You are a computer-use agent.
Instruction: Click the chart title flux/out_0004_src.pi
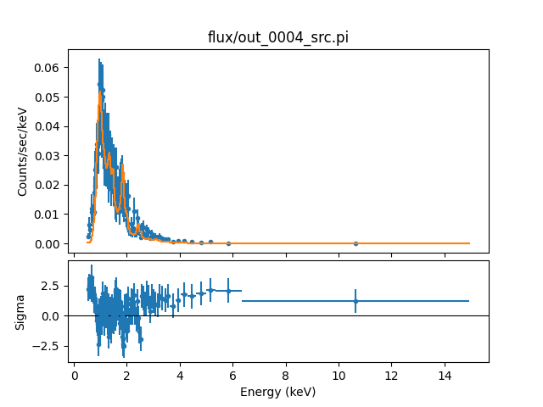tap(277, 37)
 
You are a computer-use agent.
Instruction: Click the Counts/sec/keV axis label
tap(23, 151)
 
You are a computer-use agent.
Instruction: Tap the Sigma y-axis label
tap(23, 315)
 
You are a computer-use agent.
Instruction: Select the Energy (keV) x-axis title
tap(277, 391)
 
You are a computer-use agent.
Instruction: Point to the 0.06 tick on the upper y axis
tap(48, 68)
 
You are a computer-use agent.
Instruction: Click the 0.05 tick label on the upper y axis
tap(48, 98)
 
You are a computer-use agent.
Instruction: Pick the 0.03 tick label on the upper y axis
tap(48, 156)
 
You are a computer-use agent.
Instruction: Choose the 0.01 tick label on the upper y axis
tap(48, 215)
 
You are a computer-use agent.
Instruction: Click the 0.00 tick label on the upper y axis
tap(48, 244)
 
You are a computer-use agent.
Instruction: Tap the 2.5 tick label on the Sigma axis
tap(50, 286)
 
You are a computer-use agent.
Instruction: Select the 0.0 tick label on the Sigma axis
tap(50, 316)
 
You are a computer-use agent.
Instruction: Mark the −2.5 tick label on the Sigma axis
tap(47, 346)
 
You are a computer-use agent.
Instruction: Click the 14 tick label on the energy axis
tap(445, 374)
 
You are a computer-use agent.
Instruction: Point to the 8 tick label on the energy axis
tap(286, 374)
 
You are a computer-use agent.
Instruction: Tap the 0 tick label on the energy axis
tap(75, 374)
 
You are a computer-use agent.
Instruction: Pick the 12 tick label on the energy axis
tap(392, 374)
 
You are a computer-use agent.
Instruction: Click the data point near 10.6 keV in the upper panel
tap(355, 243)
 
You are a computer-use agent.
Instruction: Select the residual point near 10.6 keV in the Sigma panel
tap(355, 301)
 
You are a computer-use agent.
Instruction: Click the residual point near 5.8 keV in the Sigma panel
tap(228, 291)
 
